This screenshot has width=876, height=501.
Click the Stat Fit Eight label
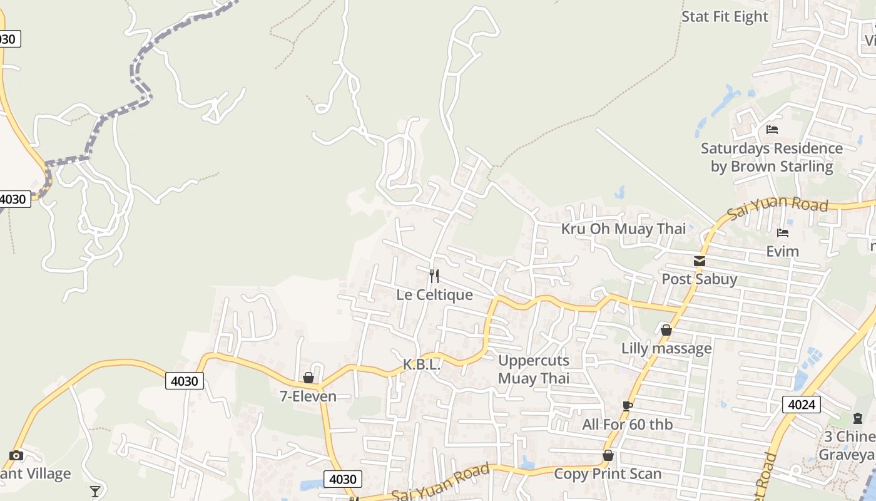coord(725,17)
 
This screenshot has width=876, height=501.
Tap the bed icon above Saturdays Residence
coord(772,130)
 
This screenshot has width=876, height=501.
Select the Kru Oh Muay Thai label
coord(623,229)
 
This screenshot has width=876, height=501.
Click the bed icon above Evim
coord(783,233)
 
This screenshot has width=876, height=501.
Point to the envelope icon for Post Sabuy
coord(700,261)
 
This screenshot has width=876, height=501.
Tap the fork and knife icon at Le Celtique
coord(434,276)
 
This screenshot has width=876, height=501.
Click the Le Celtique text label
coord(434,294)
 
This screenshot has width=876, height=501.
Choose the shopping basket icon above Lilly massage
coord(666,329)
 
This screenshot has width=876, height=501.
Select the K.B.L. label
coord(422,364)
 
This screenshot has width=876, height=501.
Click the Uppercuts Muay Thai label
coord(534,369)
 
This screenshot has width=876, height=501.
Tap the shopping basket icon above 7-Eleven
coord(308,378)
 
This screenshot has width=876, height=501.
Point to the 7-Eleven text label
coord(308,396)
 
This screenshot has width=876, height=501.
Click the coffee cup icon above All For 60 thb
coord(627,406)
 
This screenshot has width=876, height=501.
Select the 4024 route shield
coord(801,404)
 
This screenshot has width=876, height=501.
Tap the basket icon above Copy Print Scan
coord(608,455)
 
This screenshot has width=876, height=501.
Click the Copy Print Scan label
coord(608,474)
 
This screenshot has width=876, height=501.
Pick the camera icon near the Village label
coord(16,455)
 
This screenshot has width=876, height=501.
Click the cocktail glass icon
coord(95,491)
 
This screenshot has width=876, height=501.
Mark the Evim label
coord(783,251)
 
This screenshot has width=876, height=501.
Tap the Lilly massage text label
coord(666,348)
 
